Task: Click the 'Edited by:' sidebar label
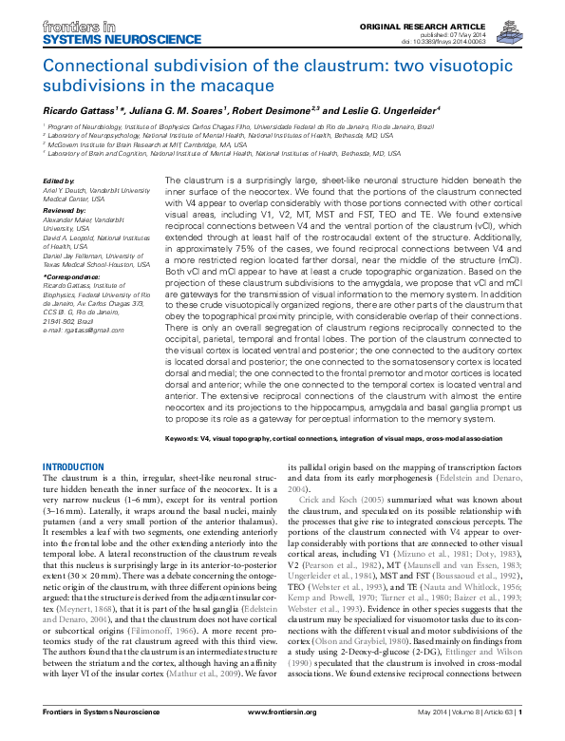(x=58, y=180)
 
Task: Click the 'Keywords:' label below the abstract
(x=185, y=440)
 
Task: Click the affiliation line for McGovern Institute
(x=142, y=142)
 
